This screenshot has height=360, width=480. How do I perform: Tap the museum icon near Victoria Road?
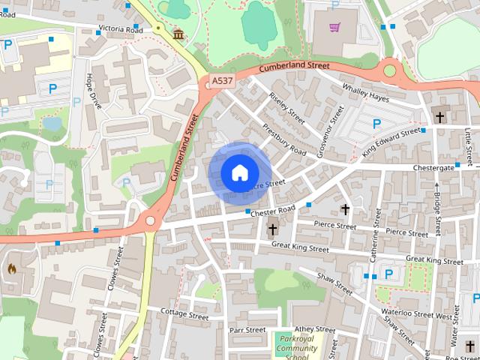(x=178, y=34)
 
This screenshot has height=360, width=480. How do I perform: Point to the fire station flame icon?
(x=12, y=268)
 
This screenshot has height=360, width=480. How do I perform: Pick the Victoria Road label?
(x=120, y=29)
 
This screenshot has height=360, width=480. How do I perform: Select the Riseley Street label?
(x=287, y=109)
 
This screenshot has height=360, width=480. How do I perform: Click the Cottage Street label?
(x=184, y=315)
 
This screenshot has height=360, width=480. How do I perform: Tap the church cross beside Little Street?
(x=440, y=116)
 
